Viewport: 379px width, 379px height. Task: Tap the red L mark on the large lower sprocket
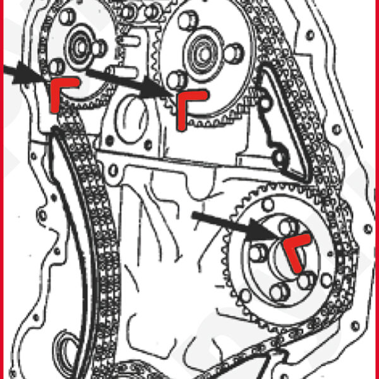coord(296,249)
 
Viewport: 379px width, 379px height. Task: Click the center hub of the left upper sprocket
coord(80,45)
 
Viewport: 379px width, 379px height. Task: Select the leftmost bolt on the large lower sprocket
coord(257,252)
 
